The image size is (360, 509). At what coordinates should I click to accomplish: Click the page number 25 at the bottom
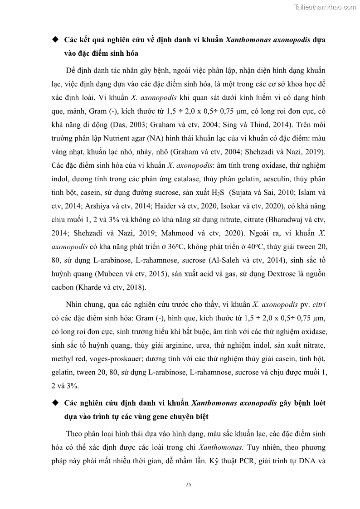click(x=189, y=485)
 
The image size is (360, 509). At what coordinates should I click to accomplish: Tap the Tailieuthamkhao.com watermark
click(x=325, y=7)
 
